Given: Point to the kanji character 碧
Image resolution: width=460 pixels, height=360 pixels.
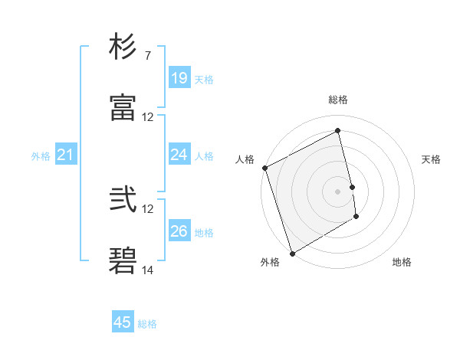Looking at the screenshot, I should (123, 260).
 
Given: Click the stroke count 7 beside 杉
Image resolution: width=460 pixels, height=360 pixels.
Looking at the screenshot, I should (147, 57).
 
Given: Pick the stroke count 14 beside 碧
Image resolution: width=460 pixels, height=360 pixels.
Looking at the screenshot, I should (148, 270).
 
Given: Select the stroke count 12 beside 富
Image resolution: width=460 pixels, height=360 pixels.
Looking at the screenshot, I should (148, 117).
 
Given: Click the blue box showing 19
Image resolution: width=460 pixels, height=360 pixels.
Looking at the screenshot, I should (179, 78).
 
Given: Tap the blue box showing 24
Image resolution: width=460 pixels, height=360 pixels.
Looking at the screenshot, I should (179, 155).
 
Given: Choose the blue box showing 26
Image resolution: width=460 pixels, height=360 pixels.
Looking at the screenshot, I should (179, 231).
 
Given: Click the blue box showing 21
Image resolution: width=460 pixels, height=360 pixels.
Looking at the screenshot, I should (65, 155).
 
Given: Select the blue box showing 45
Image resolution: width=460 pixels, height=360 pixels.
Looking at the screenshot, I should (123, 322).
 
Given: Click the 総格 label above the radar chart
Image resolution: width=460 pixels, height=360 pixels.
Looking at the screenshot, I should (337, 100).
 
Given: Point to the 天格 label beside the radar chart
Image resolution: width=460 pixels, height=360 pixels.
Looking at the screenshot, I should (431, 159).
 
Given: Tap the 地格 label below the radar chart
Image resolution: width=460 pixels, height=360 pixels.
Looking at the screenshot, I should (402, 262).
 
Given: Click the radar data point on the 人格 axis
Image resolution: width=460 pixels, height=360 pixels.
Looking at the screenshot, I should (264, 168).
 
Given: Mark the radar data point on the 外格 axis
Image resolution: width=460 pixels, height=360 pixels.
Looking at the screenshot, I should (291, 253).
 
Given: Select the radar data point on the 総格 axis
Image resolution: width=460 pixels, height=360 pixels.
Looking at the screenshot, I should (337, 130).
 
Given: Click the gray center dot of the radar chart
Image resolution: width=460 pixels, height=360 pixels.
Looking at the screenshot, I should (337, 191).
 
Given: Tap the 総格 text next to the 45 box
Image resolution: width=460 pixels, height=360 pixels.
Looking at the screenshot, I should (147, 324).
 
